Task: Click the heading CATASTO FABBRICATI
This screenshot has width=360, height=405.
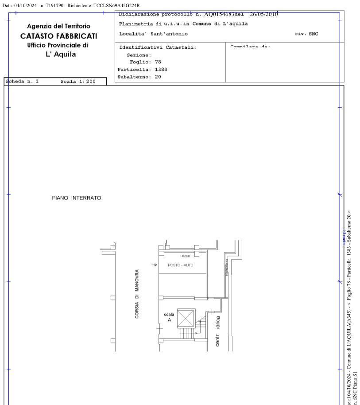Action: coord(58,36)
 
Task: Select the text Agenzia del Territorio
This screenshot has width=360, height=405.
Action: coord(58,27)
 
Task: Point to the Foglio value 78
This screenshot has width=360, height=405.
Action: coord(158,62)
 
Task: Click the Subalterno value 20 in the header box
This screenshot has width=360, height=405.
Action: coord(158,77)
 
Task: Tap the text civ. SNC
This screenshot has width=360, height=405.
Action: coord(306,34)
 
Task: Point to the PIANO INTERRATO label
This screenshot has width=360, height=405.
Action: coord(77,198)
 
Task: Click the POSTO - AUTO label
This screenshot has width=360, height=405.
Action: coord(181,265)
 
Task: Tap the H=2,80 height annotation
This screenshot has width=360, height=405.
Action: coord(186,256)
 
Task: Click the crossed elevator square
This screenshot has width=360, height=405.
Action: coord(186,318)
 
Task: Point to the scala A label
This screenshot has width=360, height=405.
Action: coord(169,317)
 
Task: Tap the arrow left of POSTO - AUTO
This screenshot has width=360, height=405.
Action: coord(154,265)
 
